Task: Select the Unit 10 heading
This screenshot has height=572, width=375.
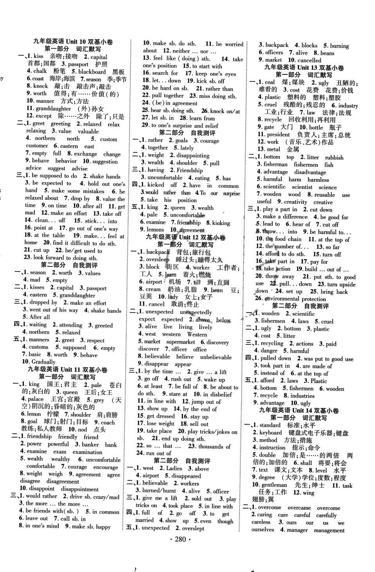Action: pos(73,42)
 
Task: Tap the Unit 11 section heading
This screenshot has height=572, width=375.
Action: pos(67,369)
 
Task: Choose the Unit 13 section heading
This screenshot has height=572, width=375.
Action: pos(304,67)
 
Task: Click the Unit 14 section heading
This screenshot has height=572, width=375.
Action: pos(299,410)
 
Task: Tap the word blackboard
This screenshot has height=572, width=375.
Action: pos(92,72)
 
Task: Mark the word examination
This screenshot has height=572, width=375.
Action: pos(87,452)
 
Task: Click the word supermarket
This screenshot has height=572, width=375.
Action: pos(181,342)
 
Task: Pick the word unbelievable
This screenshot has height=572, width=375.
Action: pos(216,357)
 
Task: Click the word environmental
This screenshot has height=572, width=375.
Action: pos(282,298)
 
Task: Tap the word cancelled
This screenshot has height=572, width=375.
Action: pos(309,60)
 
